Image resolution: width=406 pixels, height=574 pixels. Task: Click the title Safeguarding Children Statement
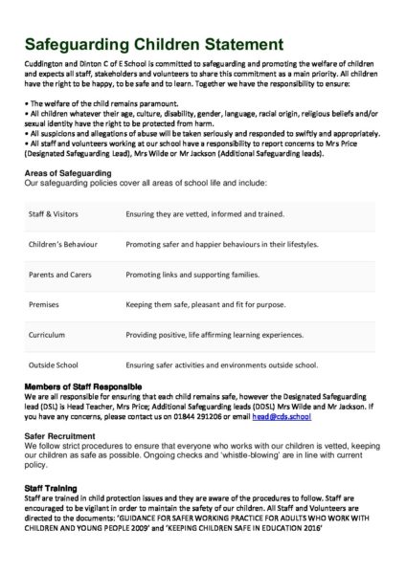(153, 44)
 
